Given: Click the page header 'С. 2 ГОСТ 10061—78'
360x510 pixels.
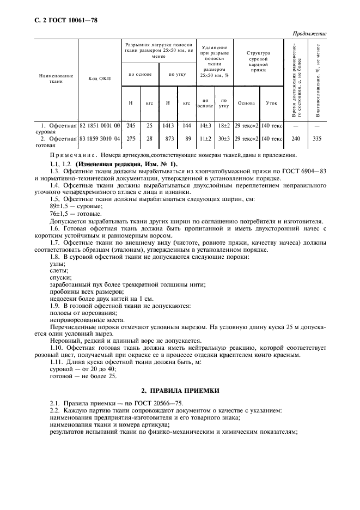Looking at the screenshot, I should pos(58,21).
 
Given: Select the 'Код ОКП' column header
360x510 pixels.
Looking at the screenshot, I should pos(99,78).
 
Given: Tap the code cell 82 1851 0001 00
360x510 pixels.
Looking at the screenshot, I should pos(100,125).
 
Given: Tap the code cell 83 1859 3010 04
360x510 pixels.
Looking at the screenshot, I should pos(100,139).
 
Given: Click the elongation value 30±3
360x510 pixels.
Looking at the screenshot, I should pos(224,139).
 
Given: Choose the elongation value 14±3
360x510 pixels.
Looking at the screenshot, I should pos(205,125).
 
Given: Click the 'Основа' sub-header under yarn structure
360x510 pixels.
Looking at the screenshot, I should pos(246,102).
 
